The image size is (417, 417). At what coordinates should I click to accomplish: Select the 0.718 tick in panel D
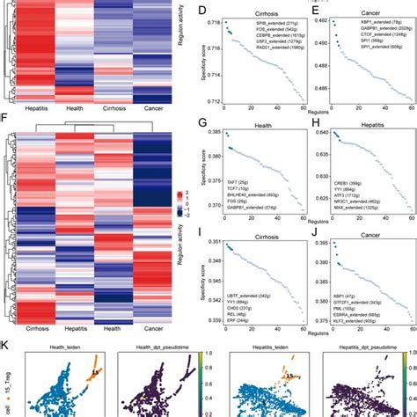[x=212, y=18]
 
